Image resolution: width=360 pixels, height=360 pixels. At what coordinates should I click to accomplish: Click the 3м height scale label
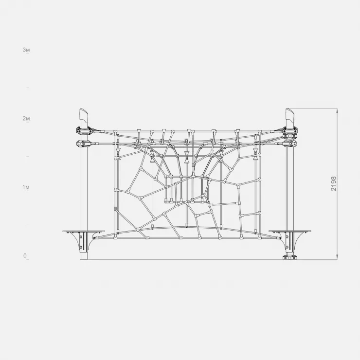[26, 50]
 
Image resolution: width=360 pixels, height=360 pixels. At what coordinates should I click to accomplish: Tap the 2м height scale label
[26, 119]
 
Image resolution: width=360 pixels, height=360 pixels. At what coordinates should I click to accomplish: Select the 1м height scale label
[26, 187]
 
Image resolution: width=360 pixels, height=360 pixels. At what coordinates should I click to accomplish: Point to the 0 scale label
[25, 256]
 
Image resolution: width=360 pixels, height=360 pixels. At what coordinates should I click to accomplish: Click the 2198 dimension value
[334, 184]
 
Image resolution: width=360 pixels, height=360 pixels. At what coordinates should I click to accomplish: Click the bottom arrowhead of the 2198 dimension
[337, 257]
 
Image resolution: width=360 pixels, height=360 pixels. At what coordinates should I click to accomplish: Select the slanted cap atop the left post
[84, 117]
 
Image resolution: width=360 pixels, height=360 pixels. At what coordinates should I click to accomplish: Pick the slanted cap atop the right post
[290, 117]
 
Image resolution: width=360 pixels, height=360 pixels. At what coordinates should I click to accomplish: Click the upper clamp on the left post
[84, 131]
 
